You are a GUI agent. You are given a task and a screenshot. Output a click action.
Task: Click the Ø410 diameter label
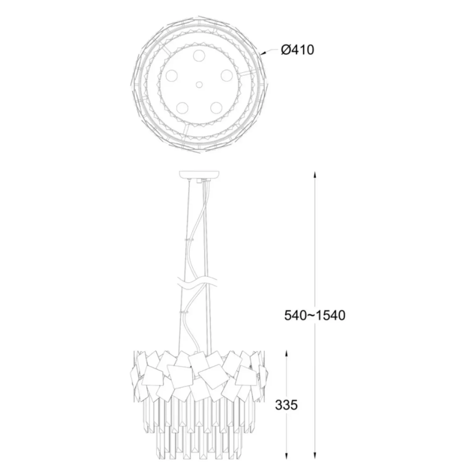[x=297, y=49]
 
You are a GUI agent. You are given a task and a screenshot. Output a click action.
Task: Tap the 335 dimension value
[x=286, y=405]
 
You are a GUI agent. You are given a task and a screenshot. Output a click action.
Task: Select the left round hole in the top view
[x=171, y=75]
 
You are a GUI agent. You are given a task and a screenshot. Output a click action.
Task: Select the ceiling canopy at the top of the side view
[x=199, y=174]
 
